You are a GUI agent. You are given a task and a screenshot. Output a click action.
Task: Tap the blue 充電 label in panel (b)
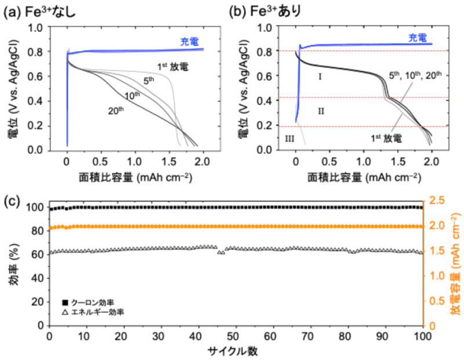tap(417, 38)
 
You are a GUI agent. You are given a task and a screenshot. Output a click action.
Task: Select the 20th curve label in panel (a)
tap(115, 110)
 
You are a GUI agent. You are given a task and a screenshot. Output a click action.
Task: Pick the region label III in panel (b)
tap(291, 137)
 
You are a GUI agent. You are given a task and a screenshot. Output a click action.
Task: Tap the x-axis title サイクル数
tap(236, 351)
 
